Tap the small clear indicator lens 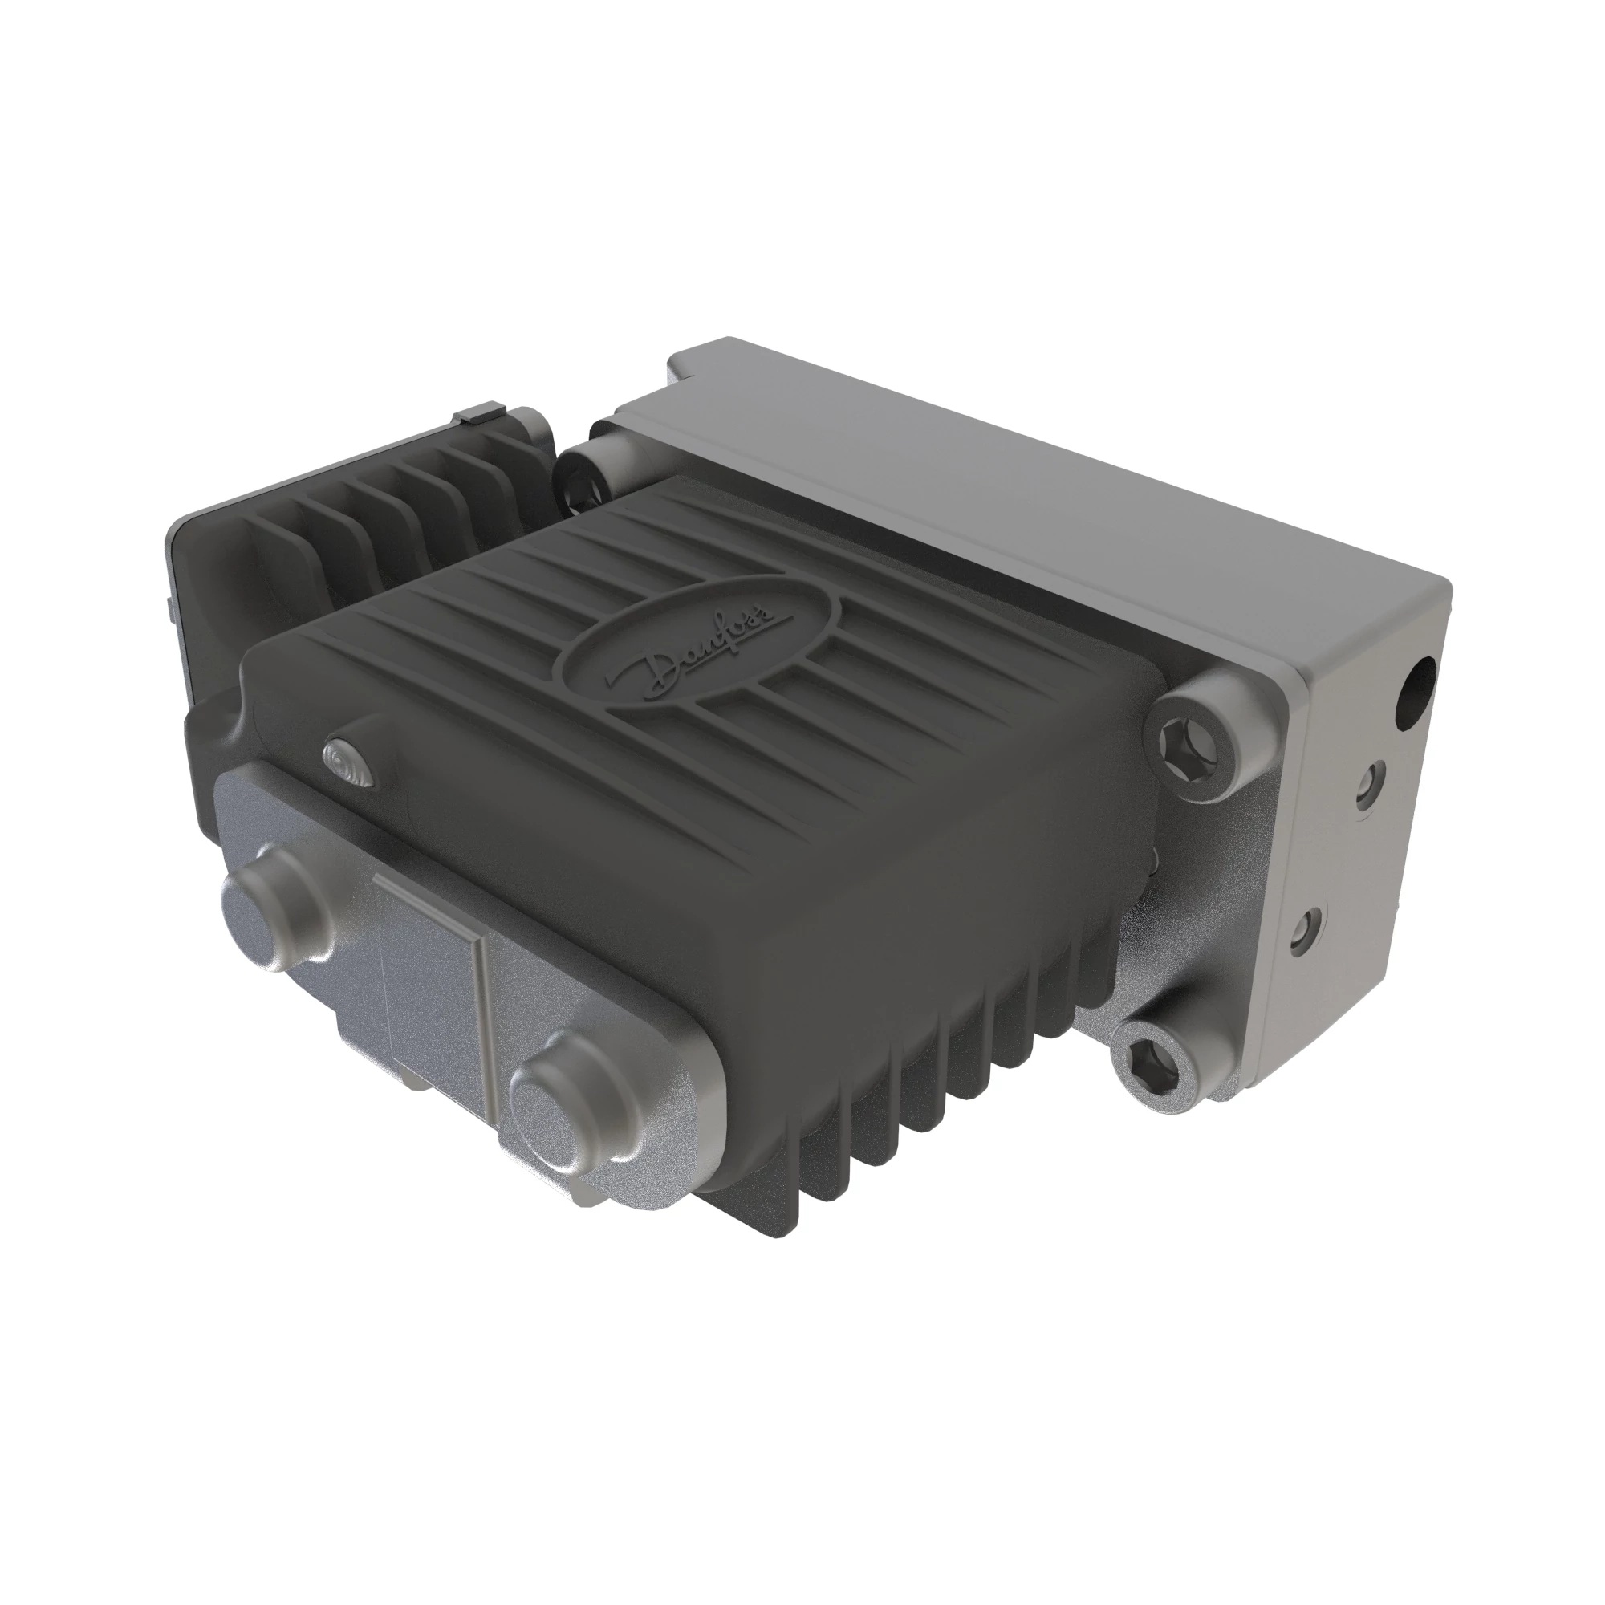(350, 762)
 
